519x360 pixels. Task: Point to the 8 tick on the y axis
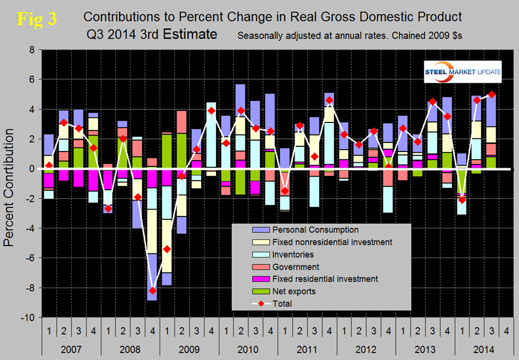(x=33, y=50)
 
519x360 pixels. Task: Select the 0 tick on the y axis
(x=33, y=169)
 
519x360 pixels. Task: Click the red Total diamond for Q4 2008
(x=152, y=291)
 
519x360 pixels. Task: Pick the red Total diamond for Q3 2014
(x=492, y=94)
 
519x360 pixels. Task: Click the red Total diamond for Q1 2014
(x=462, y=199)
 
